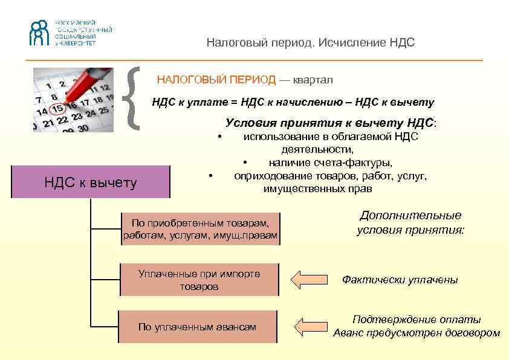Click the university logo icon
(39, 33)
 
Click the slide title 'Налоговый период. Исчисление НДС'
(311, 43)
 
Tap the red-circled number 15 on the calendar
(57, 109)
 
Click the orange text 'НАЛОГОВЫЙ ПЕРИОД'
(216, 80)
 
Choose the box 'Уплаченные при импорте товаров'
(199, 280)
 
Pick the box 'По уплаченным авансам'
(197, 327)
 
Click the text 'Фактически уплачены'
(400, 280)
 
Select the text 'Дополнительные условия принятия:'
(410, 222)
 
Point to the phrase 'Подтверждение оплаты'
(417, 320)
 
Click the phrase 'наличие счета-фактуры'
(331, 162)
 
